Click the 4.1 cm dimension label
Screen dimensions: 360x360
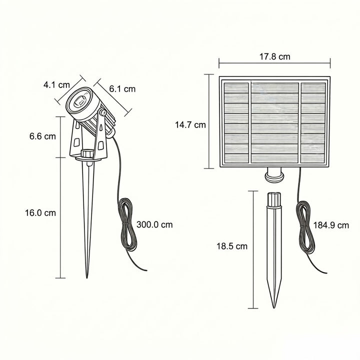click(56, 85)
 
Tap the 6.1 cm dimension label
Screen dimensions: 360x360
click(122, 89)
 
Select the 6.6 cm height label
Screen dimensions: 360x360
click(42, 136)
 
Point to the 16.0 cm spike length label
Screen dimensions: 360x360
click(40, 213)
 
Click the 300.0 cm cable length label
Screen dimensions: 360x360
click(154, 224)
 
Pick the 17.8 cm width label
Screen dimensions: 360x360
click(275, 56)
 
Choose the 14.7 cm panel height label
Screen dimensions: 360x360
click(190, 125)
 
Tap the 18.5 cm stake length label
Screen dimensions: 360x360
click(232, 246)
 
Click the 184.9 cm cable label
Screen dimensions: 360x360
click(331, 225)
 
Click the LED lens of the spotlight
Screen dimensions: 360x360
click(79, 101)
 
